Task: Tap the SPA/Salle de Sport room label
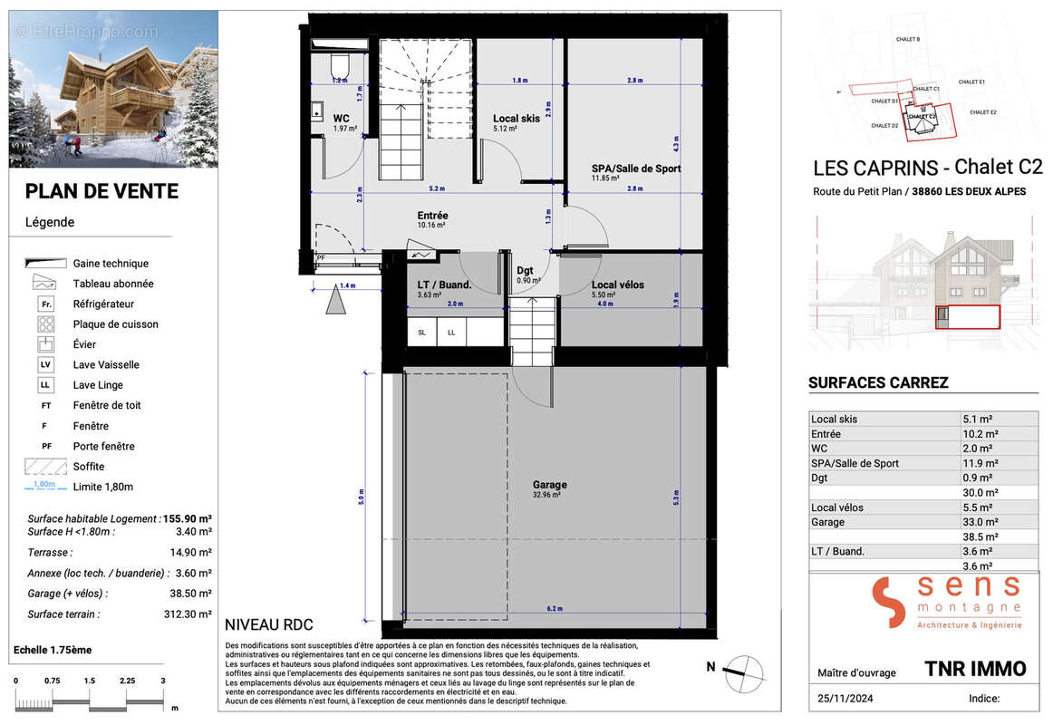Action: click(635, 169)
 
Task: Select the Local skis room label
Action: click(517, 119)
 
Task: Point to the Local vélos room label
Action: click(618, 285)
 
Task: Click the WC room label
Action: click(341, 119)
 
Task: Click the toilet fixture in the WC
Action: click(341, 65)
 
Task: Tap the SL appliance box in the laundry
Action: click(421, 333)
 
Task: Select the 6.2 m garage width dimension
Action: click(555, 608)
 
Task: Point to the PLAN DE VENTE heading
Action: click(101, 191)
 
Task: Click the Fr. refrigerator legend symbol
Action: click(45, 304)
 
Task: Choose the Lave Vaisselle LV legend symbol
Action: click(45, 364)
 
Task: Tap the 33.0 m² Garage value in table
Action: click(978, 522)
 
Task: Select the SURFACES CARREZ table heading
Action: click(878, 382)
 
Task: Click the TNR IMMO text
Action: click(975, 669)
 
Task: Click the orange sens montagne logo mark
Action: click(889, 602)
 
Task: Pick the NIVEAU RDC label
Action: click(267, 624)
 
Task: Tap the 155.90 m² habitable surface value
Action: click(187, 518)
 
